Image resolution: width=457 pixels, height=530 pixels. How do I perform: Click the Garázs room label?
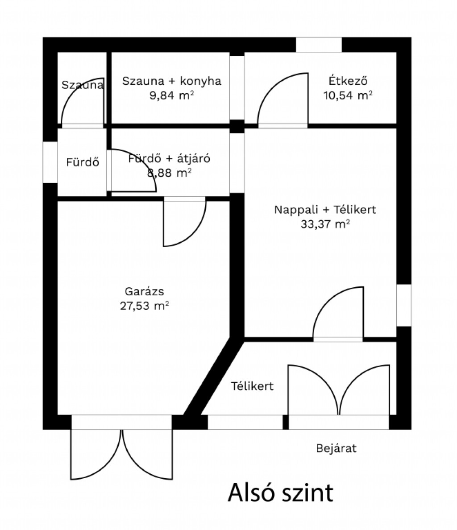(144, 291)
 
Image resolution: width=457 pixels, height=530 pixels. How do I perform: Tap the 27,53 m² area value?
(144, 306)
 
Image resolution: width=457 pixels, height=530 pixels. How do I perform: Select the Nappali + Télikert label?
(325, 210)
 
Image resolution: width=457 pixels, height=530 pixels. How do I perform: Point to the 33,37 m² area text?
(325, 224)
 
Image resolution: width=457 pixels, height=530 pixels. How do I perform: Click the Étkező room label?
(348, 80)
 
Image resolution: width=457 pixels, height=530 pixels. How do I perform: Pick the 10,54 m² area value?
(348, 95)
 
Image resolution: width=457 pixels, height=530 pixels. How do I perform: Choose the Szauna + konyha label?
(172, 81)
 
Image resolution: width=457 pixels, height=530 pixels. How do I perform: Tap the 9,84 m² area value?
(172, 95)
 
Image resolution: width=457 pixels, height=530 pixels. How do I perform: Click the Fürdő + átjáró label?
(169, 158)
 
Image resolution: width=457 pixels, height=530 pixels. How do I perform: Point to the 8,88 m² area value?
(169, 173)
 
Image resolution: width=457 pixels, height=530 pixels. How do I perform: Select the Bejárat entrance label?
(337, 448)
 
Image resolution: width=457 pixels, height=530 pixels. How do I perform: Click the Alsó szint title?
(281, 493)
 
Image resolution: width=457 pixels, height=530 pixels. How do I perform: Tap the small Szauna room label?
(83, 84)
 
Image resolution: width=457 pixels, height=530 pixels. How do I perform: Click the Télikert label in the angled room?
(252, 386)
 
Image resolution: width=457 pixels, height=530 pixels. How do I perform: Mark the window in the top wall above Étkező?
(319, 45)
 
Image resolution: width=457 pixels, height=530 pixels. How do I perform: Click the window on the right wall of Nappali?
(404, 305)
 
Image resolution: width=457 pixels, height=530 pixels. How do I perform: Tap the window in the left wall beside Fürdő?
(50, 162)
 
